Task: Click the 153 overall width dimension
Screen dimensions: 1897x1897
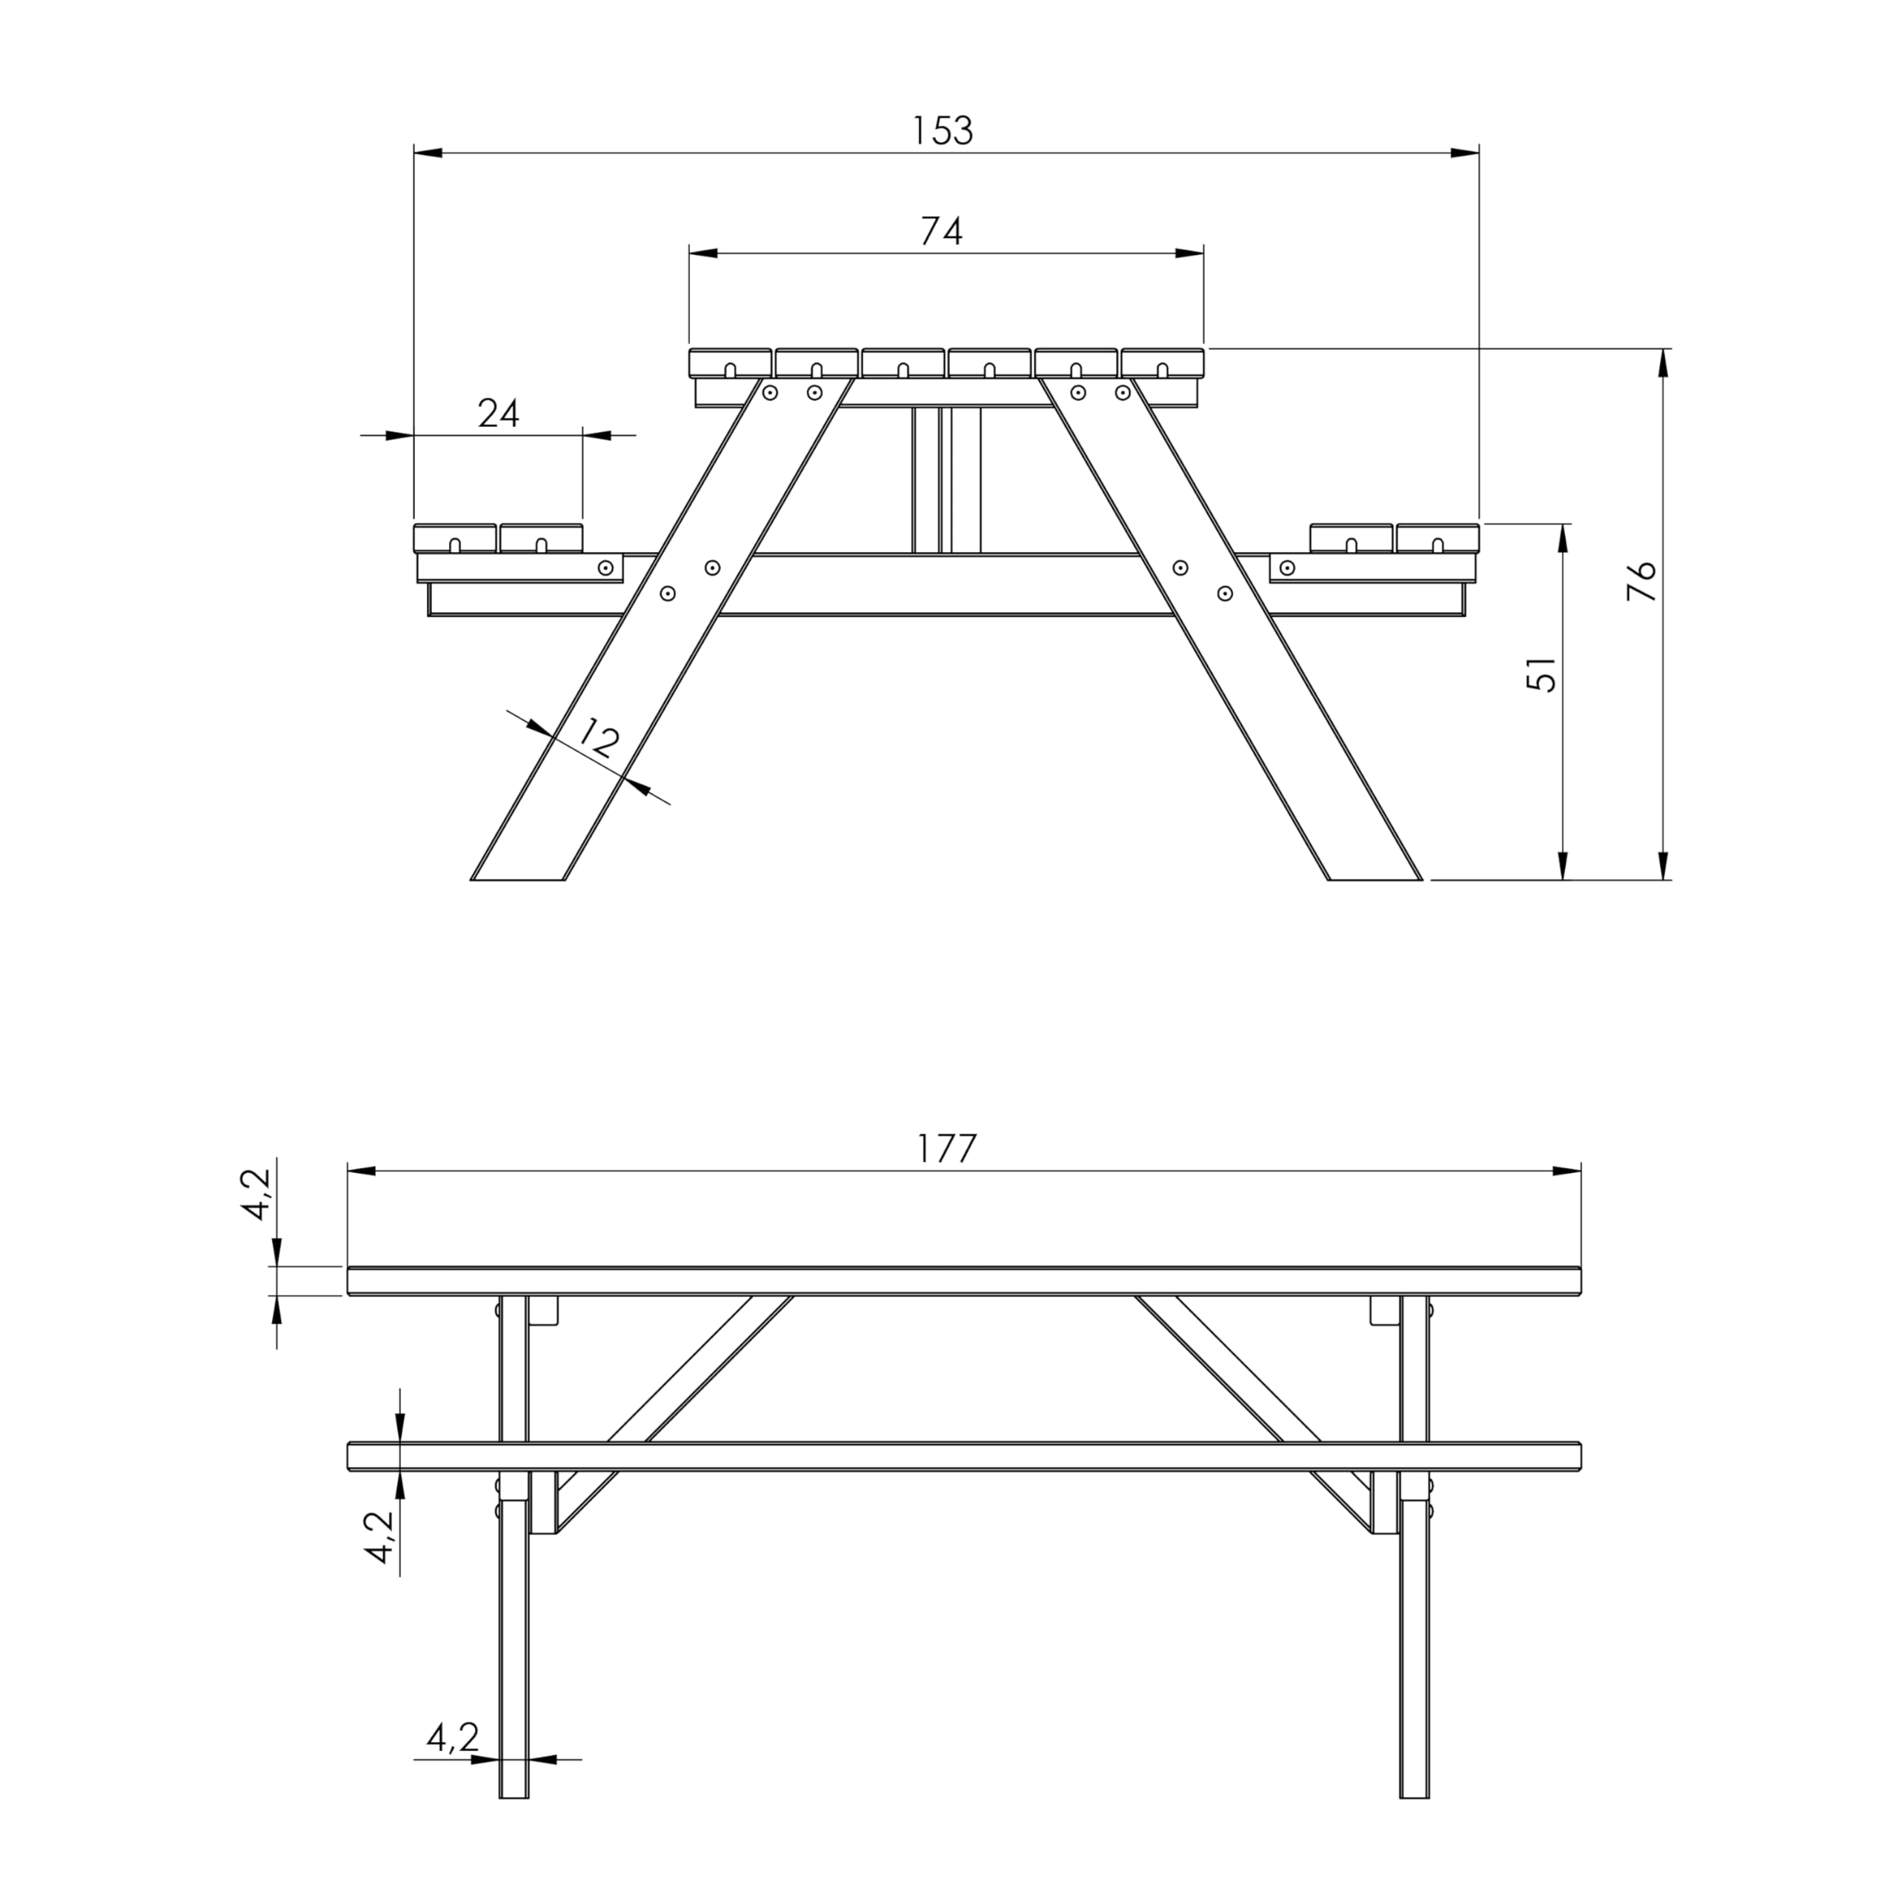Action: pyautogui.click(x=943, y=130)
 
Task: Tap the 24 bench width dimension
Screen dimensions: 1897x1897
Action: pyautogui.click(x=499, y=413)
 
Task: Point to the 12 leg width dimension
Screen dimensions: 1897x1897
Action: pyautogui.click(x=598, y=737)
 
